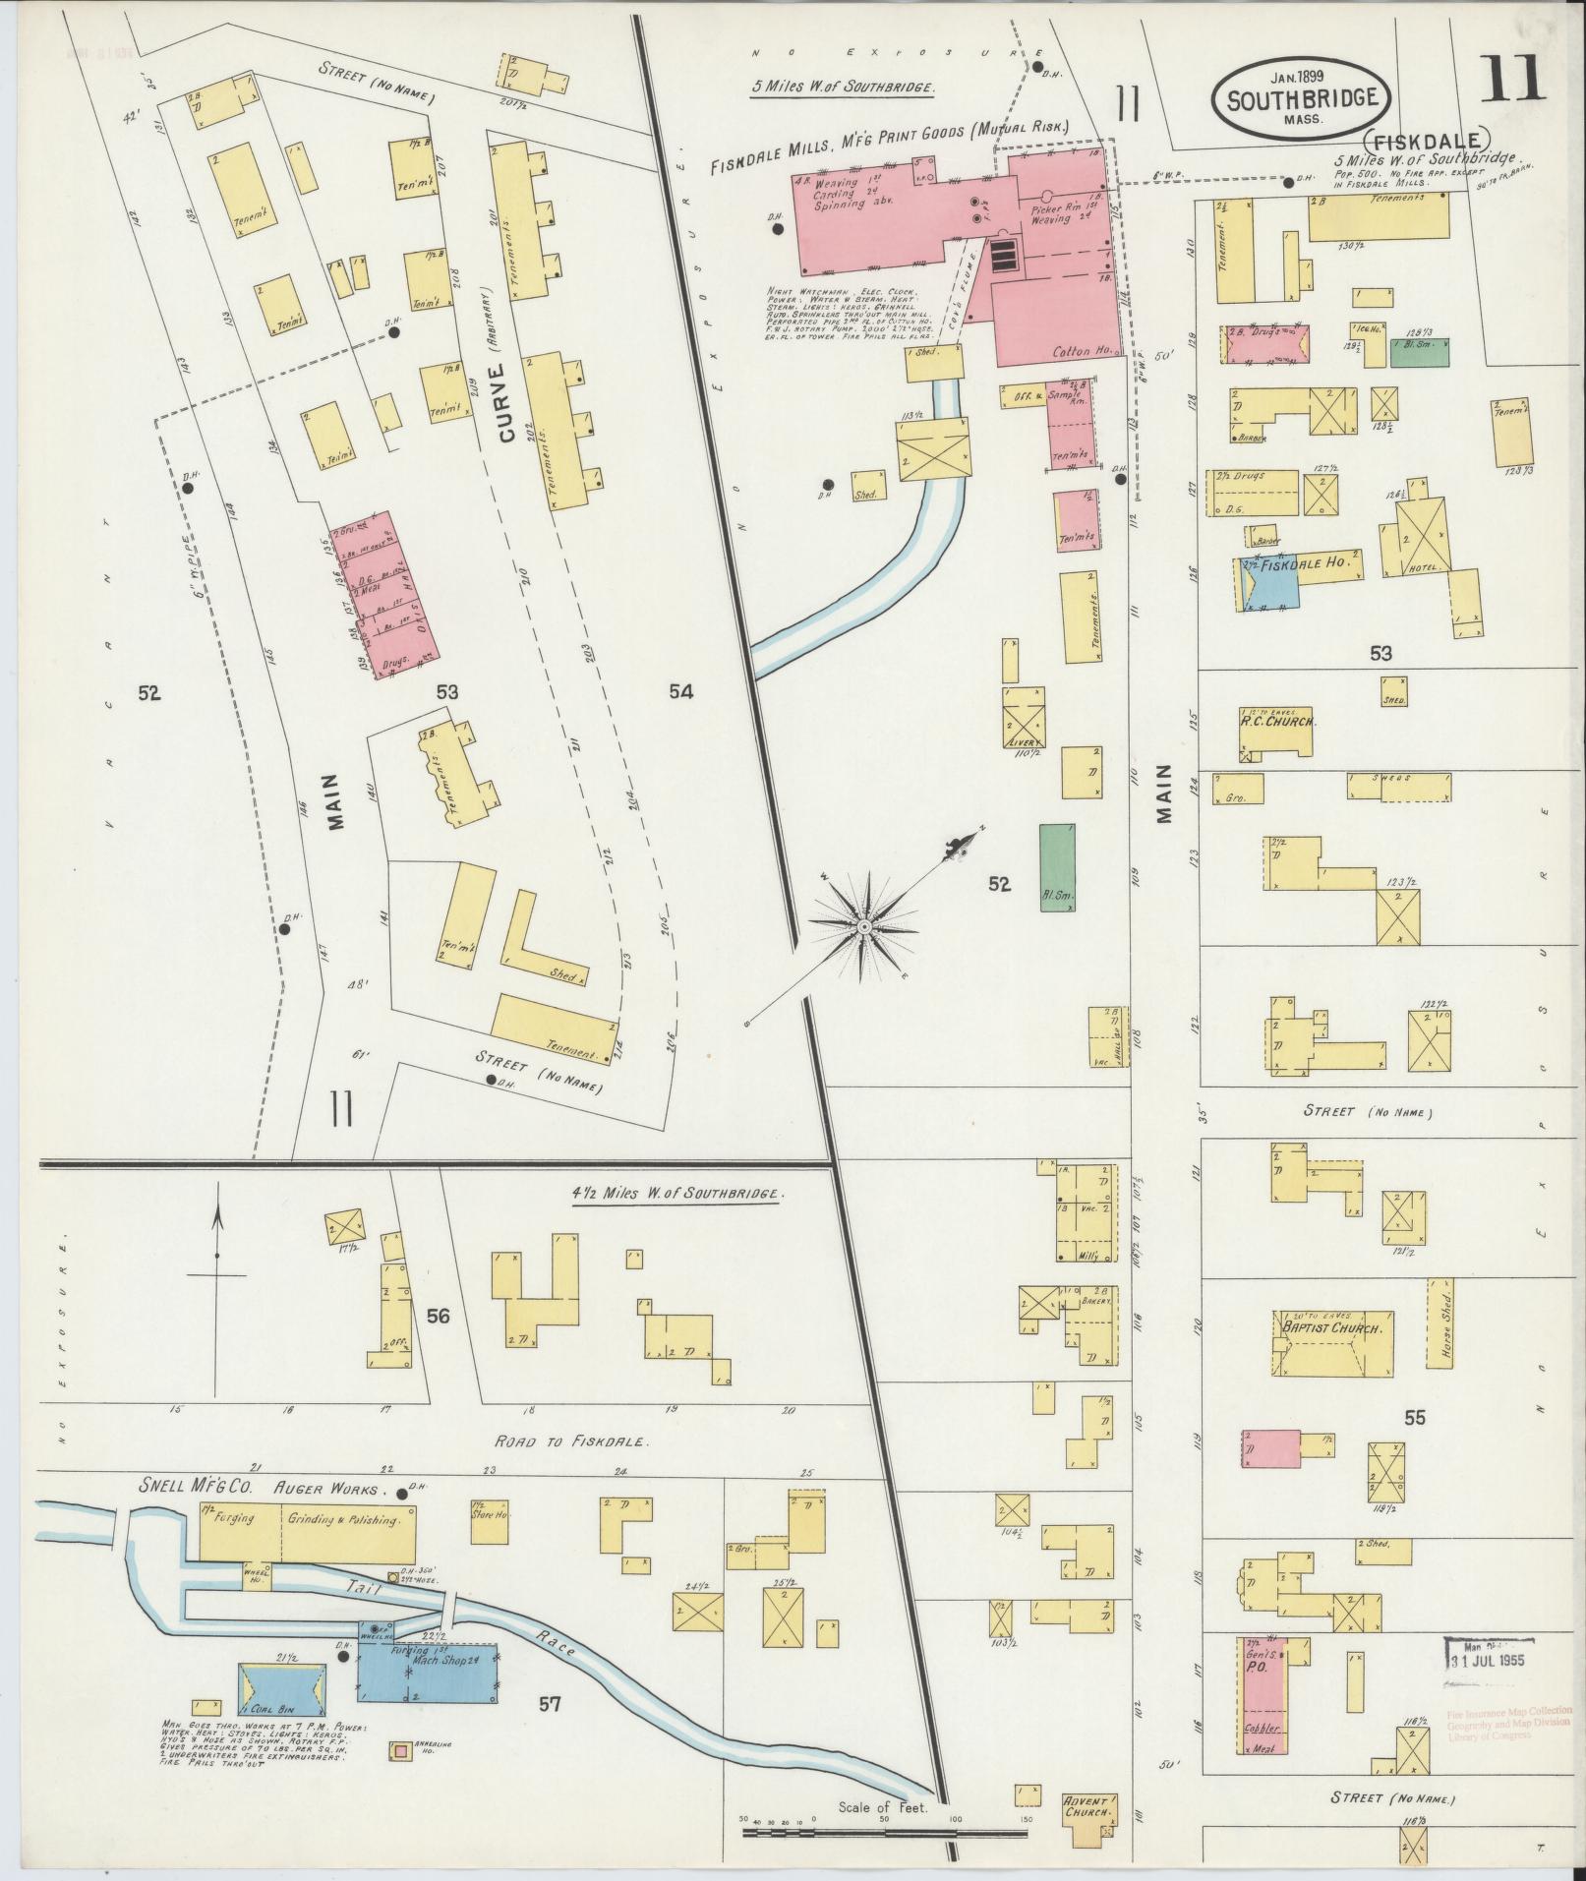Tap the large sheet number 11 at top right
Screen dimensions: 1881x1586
1512,79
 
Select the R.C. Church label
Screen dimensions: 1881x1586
1276,721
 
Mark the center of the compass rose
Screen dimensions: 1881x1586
864,925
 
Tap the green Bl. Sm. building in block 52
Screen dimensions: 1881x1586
1057,867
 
